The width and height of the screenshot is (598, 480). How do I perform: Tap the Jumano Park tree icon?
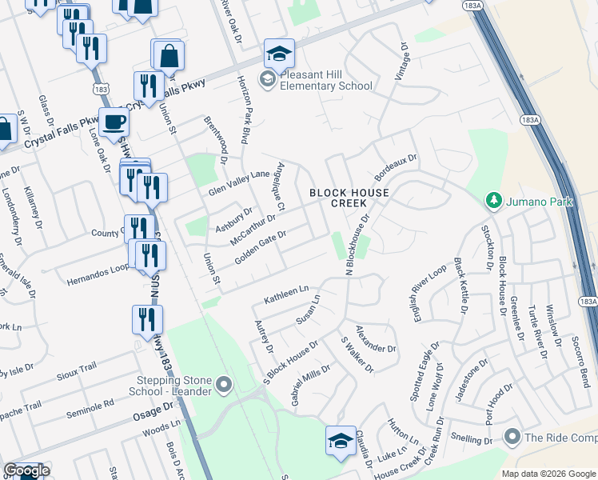493,201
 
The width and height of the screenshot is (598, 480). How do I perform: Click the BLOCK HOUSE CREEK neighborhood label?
349,198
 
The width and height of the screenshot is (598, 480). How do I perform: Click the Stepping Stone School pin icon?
224,386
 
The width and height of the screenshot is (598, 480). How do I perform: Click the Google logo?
26,470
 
